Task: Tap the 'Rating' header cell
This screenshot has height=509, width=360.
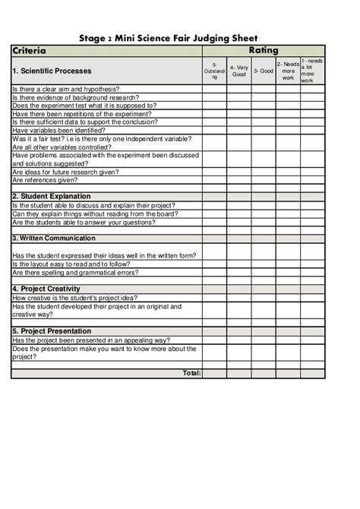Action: (x=264, y=51)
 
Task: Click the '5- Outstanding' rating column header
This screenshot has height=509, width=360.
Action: (x=214, y=71)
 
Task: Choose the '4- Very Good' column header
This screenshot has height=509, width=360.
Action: (x=239, y=71)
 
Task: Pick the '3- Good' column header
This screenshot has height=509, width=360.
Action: (x=264, y=71)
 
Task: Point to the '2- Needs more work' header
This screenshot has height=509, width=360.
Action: (x=288, y=71)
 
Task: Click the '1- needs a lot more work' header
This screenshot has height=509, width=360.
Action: (x=312, y=71)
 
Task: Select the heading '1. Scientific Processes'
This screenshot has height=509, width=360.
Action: (x=52, y=71)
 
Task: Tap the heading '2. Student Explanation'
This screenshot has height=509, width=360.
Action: (x=52, y=196)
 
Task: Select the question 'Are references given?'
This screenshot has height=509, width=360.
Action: (x=45, y=180)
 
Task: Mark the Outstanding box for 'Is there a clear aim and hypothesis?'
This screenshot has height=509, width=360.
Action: (x=214, y=88)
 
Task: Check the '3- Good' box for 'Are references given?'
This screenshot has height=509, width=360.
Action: (x=264, y=180)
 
